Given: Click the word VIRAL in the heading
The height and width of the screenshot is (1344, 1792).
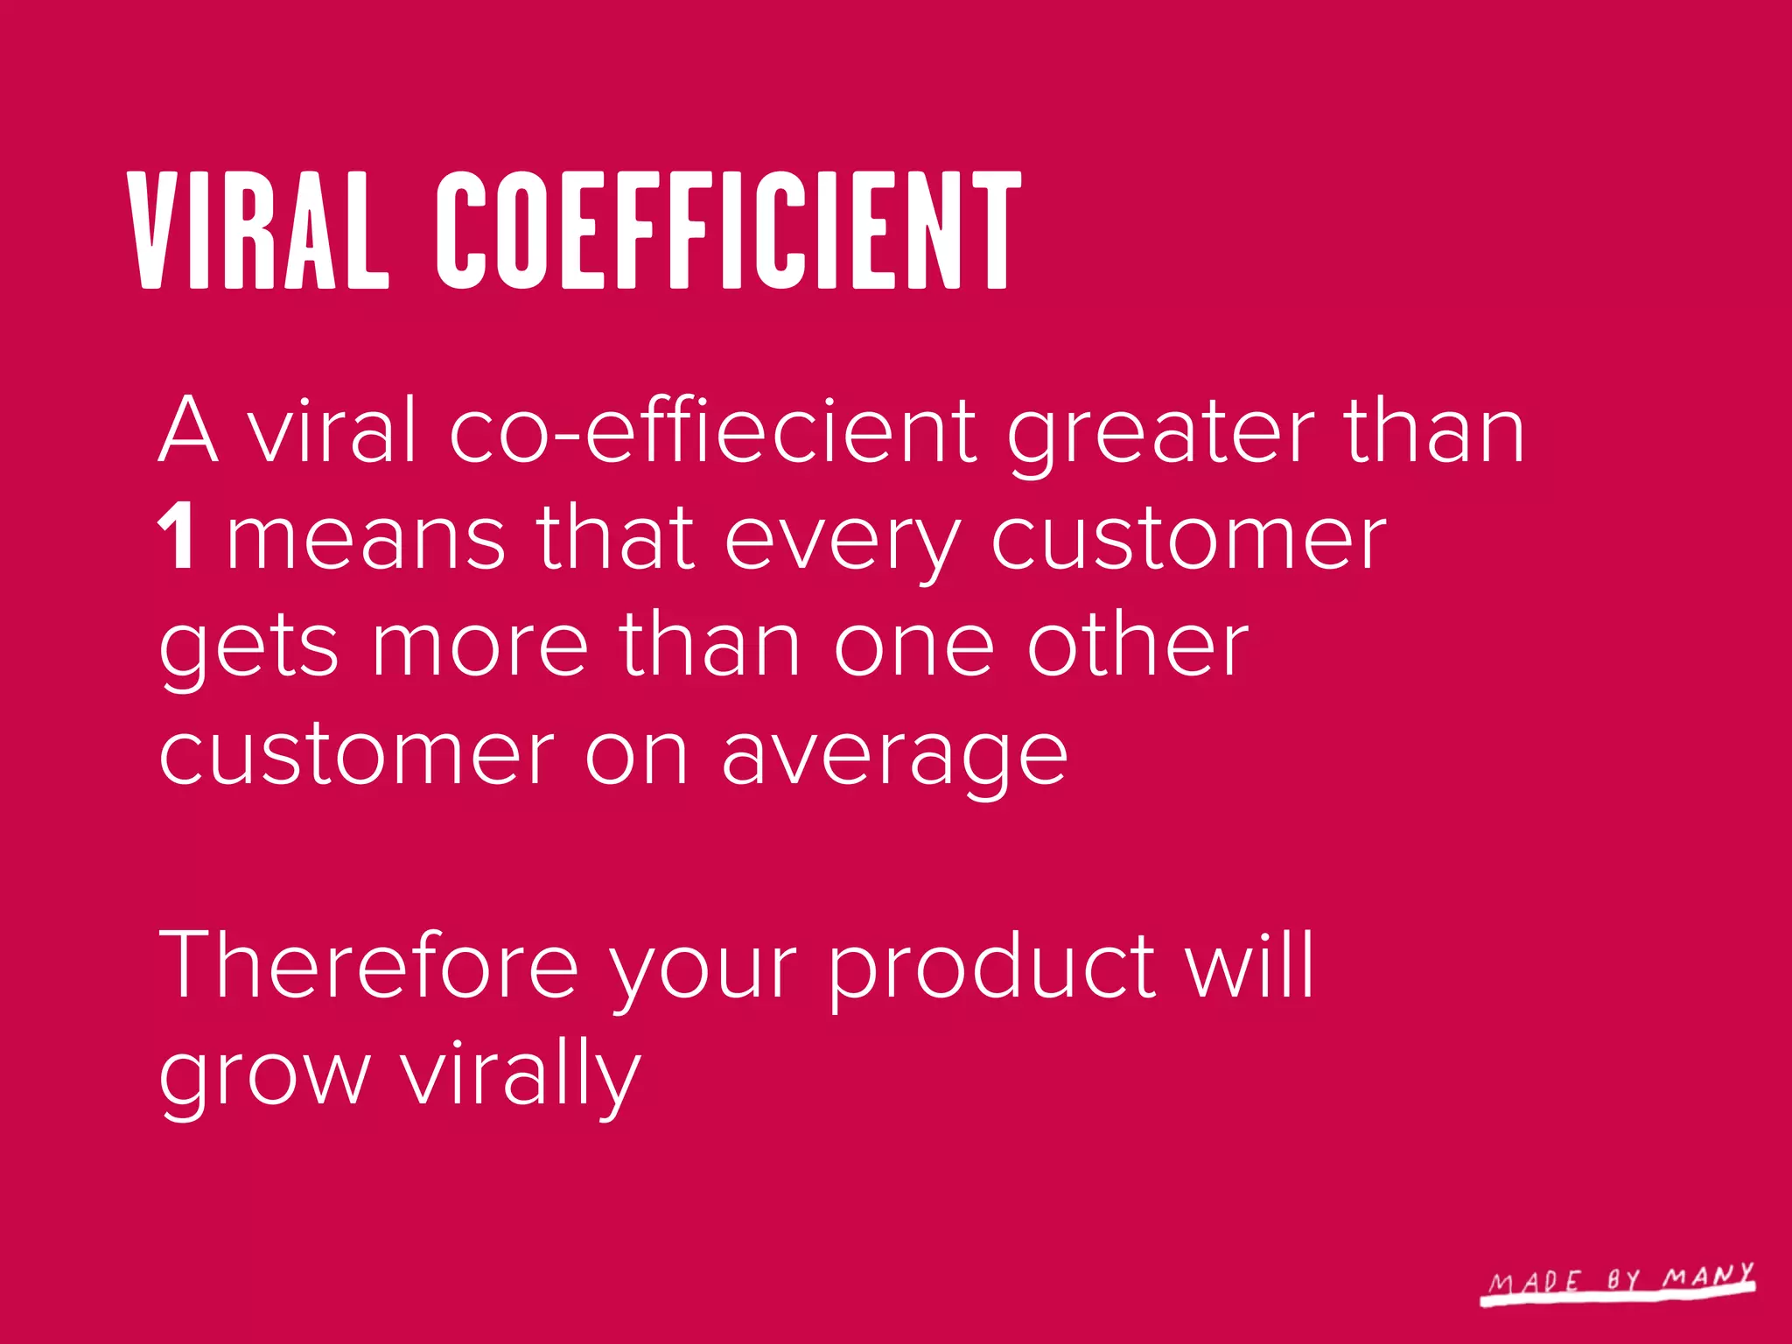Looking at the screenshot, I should coord(259,229).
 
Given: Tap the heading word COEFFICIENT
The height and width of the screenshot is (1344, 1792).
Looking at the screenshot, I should coord(729,229).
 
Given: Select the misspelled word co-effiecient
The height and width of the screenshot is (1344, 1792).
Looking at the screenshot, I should coord(712,430).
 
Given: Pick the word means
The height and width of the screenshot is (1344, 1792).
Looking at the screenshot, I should coord(366,540).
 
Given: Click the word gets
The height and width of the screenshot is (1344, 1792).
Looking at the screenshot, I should coord(248,648).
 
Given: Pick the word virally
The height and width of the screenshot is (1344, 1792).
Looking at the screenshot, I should coord(521,1075).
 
